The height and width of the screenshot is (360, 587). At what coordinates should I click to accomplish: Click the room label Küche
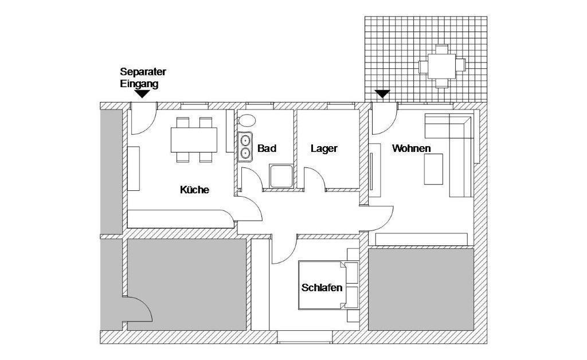(x=194, y=190)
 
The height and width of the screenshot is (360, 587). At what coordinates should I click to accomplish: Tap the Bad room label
(x=267, y=148)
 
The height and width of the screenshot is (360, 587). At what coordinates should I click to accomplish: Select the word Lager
(x=324, y=148)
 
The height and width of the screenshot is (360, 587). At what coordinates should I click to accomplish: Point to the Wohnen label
(x=411, y=148)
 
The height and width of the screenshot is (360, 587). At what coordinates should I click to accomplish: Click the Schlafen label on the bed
(x=322, y=288)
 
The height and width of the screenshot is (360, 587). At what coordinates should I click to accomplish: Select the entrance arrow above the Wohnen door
(x=382, y=93)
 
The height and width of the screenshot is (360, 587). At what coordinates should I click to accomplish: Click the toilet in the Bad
(x=248, y=120)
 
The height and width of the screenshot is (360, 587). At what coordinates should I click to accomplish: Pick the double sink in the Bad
(x=245, y=146)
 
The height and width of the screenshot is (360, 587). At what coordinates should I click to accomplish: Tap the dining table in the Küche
(x=194, y=139)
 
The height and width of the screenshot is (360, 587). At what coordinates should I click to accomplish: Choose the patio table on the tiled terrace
(x=441, y=66)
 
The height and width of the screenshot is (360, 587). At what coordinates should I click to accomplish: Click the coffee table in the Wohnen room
(x=434, y=170)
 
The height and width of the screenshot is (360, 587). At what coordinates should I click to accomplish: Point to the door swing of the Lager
(x=316, y=179)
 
